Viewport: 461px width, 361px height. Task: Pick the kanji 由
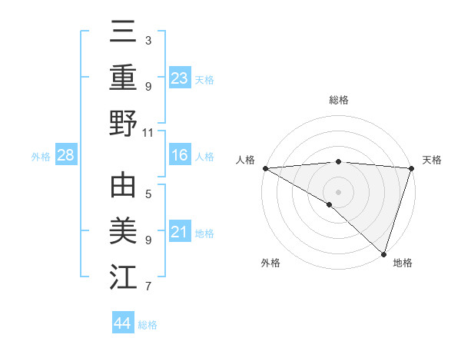[123, 187]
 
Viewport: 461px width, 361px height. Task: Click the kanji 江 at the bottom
[123, 277]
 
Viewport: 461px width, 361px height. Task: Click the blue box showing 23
[180, 78]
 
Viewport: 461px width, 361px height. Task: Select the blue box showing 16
[180, 156]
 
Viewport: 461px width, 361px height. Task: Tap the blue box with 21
[180, 232]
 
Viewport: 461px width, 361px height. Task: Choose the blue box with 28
[66, 156]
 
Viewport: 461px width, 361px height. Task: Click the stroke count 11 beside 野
[148, 132]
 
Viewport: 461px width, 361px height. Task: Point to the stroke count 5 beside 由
[148, 195]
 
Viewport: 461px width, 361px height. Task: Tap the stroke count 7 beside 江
[148, 287]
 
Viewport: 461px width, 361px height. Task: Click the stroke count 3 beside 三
[148, 40]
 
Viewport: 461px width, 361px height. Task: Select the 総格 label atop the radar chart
[338, 100]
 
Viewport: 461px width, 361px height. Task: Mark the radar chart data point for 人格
[265, 168]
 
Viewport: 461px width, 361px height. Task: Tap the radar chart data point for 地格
[383, 253]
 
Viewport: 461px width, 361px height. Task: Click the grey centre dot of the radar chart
[338, 191]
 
